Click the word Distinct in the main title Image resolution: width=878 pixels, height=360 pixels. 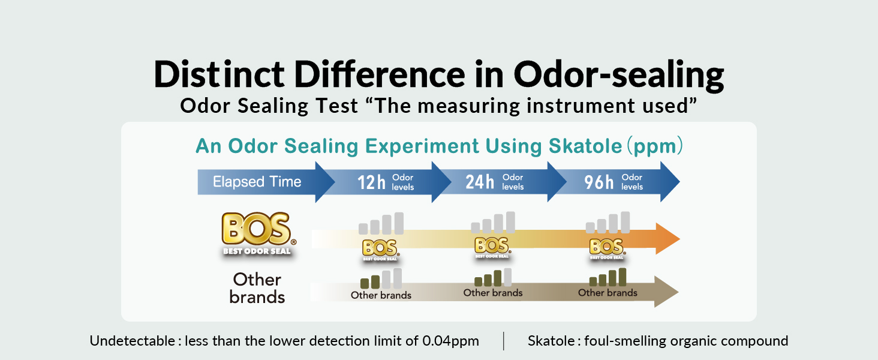coord(219,74)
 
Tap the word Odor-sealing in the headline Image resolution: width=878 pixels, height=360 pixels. coord(619,76)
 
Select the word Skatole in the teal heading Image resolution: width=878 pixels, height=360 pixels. coord(585,146)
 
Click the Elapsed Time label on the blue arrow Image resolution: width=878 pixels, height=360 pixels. coord(257,182)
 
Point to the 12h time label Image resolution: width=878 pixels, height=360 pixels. coord(371,182)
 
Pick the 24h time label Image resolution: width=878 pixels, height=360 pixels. coord(480,182)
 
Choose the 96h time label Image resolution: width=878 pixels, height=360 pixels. coord(599,182)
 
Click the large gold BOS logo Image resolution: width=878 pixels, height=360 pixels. coord(258,234)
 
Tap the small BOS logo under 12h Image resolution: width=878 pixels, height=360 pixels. coord(380,250)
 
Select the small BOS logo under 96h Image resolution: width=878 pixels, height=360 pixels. coord(607,248)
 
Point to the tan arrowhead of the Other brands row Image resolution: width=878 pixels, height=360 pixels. coord(666,292)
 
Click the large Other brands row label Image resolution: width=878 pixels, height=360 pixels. coord(257,288)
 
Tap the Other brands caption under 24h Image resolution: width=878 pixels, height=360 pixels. coord(493,293)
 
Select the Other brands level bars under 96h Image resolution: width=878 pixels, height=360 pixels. coord(608,277)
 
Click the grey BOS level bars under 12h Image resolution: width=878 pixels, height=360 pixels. coord(381,223)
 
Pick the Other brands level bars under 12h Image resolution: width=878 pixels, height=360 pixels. coord(381,278)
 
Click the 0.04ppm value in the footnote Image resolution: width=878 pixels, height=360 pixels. coord(451,341)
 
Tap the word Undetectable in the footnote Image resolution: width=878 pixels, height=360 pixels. coord(133,340)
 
